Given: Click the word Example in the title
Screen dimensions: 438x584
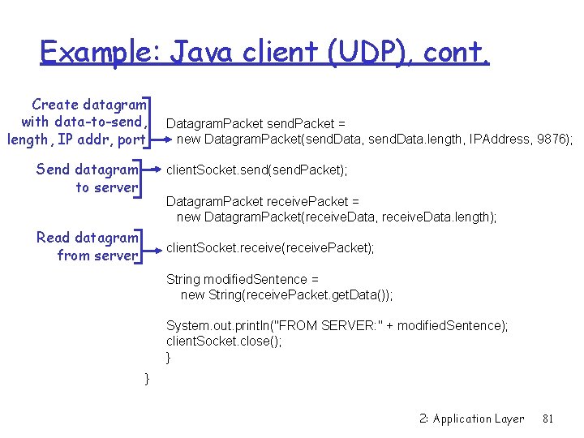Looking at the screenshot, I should (x=101, y=54).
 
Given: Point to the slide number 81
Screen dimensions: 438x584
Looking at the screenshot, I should (x=547, y=419).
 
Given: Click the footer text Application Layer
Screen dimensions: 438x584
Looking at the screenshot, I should (x=479, y=419).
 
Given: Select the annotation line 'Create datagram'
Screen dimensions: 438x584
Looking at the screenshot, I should (x=89, y=105).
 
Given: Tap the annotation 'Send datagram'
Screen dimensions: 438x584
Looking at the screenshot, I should (x=88, y=170).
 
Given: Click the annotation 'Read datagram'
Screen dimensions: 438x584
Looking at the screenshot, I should (x=88, y=238).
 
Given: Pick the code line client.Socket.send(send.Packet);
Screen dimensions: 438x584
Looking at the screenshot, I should (x=257, y=170).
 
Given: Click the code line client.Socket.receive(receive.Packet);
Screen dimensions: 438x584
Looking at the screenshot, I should (x=270, y=248).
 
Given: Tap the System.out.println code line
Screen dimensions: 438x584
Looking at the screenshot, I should (x=337, y=325).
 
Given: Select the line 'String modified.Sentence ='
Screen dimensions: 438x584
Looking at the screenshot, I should (x=243, y=279).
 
